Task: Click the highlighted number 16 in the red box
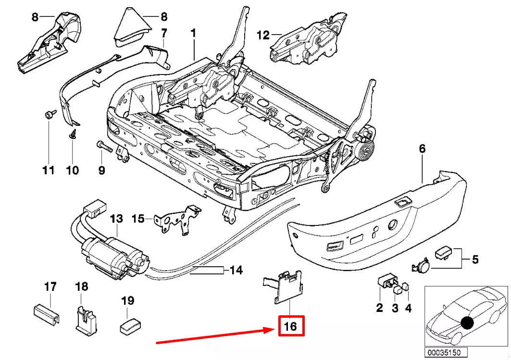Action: tap(290, 326)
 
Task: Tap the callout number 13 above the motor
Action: tap(116, 219)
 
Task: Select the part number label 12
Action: tap(263, 35)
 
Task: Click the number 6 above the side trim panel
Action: tap(422, 149)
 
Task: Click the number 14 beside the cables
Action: tap(236, 270)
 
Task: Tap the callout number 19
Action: tap(127, 301)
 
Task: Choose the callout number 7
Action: tap(163, 33)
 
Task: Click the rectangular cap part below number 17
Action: tap(47, 311)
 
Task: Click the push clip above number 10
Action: tap(73, 134)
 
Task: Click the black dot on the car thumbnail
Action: tap(467, 322)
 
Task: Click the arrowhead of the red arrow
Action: tap(272, 330)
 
